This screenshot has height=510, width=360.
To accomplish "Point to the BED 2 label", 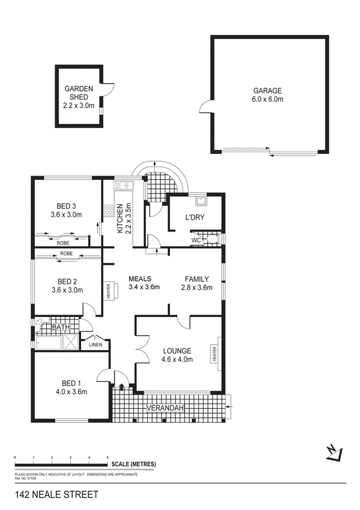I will tap(66, 281).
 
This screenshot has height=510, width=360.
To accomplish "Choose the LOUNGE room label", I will tap(177, 351).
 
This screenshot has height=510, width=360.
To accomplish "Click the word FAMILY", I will tap(197, 278).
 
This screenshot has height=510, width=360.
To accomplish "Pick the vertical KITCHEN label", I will tap(120, 218).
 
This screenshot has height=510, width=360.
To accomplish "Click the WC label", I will tap(196, 240).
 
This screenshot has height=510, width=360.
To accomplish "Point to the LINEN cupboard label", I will tap(96, 345).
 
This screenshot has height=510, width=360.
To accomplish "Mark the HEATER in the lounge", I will tap(214, 353).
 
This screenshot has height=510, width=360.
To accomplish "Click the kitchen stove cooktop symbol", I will tap(109, 210).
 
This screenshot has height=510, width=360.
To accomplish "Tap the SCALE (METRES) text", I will tap(133, 464).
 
